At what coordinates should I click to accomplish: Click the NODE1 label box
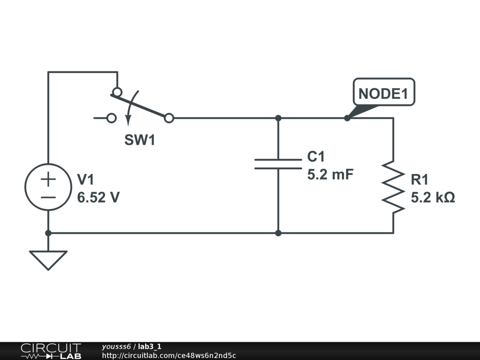coord(384,92)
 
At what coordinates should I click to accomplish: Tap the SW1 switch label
coord(140,140)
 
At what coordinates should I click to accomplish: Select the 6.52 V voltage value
coord(98,197)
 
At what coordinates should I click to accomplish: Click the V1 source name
coord(85,180)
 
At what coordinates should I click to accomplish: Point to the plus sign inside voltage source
coord(48,179)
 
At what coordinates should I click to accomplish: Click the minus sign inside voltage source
coord(48,197)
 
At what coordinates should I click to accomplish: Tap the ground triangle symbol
coord(48,260)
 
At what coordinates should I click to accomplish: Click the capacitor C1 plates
coord(278,164)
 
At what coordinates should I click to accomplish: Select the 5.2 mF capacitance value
coord(330,174)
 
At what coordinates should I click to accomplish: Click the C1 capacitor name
coord(315,157)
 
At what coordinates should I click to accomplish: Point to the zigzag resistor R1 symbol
coord(393,187)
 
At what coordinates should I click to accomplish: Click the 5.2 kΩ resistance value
coord(433,197)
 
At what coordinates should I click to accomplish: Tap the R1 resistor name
coord(420,180)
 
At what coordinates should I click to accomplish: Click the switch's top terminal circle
coord(117,92)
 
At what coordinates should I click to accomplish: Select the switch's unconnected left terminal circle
coord(112,118)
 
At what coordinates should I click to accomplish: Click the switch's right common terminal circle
coord(169,118)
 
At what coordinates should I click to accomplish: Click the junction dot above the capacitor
coord(278,118)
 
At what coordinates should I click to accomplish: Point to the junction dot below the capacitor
coord(278,233)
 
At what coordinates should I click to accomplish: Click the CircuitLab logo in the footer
coord(51,351)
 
